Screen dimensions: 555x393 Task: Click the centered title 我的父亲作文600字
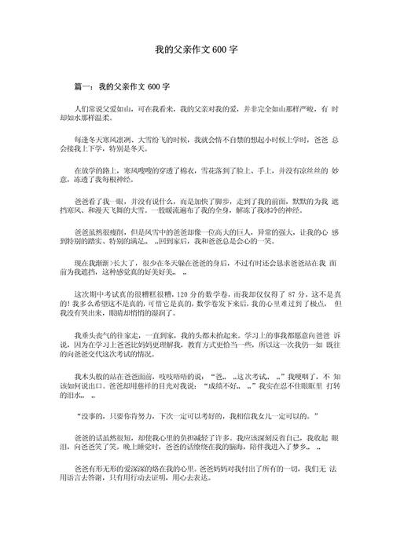point(196,48)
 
